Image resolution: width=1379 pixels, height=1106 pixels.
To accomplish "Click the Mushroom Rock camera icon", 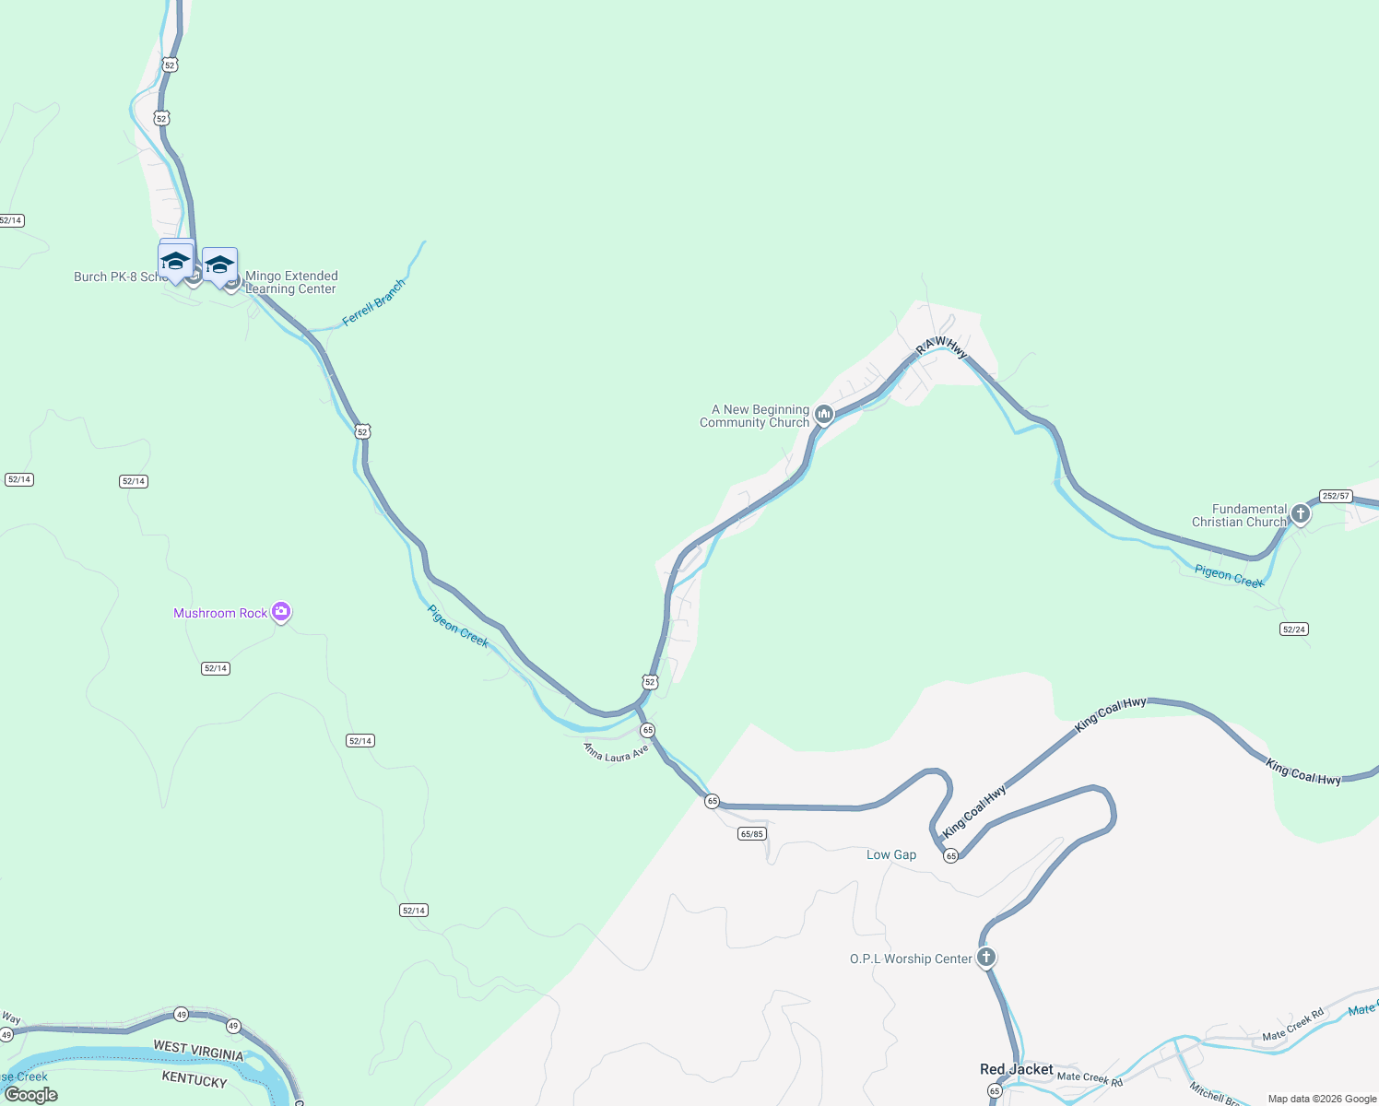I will pos(281,611).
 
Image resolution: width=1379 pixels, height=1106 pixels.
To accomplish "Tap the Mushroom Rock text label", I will pos(220,613).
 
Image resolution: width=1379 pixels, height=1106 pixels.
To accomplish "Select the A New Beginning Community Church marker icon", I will pos(824,415).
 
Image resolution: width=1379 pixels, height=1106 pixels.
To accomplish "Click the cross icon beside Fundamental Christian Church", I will pos(1300,513).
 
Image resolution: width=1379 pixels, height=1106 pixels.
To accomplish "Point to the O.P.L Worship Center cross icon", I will pos(986,957).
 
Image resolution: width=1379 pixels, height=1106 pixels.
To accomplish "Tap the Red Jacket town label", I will pos(1016,1069).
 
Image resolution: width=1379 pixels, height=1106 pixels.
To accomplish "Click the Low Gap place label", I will pos(891,854).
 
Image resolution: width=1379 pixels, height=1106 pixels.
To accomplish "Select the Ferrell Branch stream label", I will pos(373,302).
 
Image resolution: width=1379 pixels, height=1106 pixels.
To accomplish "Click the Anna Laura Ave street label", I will pos(616,753).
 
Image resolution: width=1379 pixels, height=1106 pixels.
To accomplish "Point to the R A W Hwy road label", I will pos(941,346).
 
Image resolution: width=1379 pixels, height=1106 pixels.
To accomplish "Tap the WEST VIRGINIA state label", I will pos(198,1051).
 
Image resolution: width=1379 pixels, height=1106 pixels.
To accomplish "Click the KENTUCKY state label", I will pos(194,1079).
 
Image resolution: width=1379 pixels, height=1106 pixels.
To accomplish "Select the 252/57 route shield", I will pos(1335,496).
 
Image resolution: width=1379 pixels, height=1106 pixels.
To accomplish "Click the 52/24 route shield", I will pos(1293,629).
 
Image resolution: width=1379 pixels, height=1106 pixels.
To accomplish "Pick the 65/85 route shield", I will pos(752,834).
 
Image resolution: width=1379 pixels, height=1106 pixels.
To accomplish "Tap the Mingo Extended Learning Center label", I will pos(291,282).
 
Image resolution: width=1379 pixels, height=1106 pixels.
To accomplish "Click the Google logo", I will pos(31,1094).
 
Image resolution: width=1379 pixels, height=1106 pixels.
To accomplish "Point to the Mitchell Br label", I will pos(1213,1093).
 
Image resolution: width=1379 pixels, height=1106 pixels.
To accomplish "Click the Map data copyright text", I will pos(1322,1099).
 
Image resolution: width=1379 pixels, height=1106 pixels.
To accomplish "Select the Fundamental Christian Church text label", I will pos(1239,515).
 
